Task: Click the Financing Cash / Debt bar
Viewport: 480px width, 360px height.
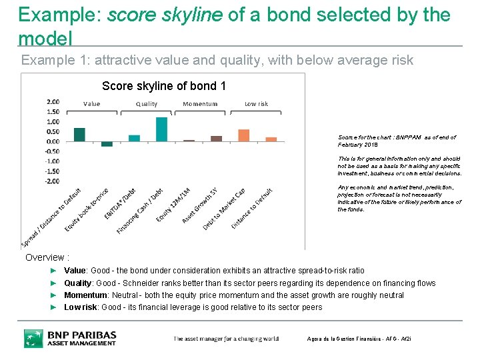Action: pyautogui.click(x=161, y=129)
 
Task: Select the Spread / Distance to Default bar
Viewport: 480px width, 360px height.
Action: pyautogui.click(x=79, y=135)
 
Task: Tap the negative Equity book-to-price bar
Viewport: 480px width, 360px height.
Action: pyautogui.click(x=107, y=144)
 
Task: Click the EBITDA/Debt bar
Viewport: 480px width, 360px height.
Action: pyautogui.click(x=134, y=138)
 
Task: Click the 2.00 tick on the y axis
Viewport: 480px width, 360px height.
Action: pyautogui.click(x=53, y=102)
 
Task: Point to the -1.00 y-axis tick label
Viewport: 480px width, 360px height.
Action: pyautogui.click(x=52, y=161)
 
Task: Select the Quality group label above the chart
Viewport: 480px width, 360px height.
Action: pyautogui.click(x=147, y=104)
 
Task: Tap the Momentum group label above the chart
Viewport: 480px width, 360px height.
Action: pyautogui.click(x=200, y=104)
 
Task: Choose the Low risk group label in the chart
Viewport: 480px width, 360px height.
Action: pyautogui.click(x=256, y=104)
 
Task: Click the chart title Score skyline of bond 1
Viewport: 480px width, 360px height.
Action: pyautogui.click(x=164, y=86)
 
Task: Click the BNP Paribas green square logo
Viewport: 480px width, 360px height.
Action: pyautogui.click(x=33, y=338)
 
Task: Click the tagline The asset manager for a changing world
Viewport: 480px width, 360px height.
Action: pyautogui.click(x=226, y=339)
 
